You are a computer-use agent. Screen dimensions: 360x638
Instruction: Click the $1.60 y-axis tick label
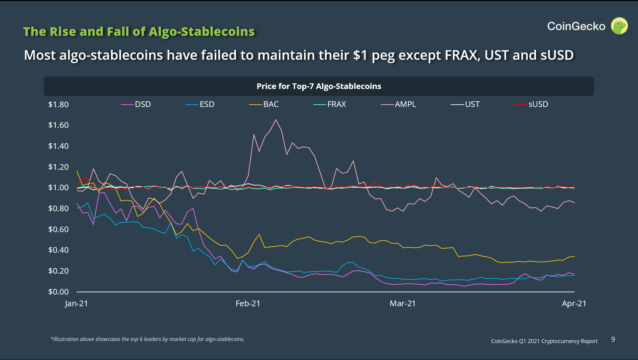pos(58,125)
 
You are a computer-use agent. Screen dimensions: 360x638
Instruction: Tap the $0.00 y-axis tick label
pos(58,292)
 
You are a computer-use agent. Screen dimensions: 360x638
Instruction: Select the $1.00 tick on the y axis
pos(58,188)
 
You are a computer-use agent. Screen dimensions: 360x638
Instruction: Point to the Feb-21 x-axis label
pos(248,304)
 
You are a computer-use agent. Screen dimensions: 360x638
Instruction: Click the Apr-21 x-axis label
pos(574,304)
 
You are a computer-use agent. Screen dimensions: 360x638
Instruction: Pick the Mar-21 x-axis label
pos(403,304)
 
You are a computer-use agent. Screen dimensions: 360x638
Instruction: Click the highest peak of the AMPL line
pos(276,120)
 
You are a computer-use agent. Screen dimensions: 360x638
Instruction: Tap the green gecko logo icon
pos(619,26)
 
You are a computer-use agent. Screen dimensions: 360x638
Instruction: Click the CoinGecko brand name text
pos(576,26)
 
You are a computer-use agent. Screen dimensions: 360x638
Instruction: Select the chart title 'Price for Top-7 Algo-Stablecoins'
pos(319,86)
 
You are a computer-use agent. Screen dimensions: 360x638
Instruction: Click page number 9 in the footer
pos(613,339)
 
